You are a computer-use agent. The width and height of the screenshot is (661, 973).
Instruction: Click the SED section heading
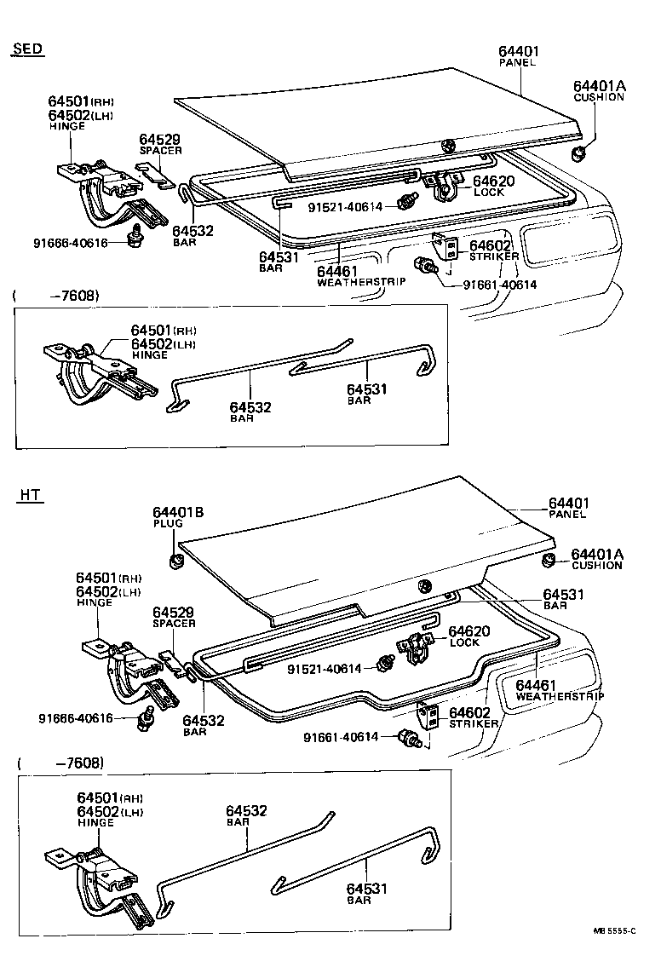coord(28,49)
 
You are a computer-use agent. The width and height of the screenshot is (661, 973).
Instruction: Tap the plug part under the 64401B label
coord(178,560)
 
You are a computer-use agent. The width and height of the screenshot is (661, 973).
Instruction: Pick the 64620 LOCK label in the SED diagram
coord(494,186)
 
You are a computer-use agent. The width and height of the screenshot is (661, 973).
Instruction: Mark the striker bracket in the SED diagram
coord(441,246)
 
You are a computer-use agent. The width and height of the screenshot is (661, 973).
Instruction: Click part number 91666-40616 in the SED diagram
coord(72,243)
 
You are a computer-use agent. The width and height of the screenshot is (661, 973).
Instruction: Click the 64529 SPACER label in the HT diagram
coord(174,617)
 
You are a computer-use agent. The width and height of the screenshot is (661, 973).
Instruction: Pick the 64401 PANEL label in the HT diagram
coord(569,508)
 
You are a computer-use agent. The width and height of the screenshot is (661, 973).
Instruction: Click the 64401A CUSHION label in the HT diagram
coord(597,559)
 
